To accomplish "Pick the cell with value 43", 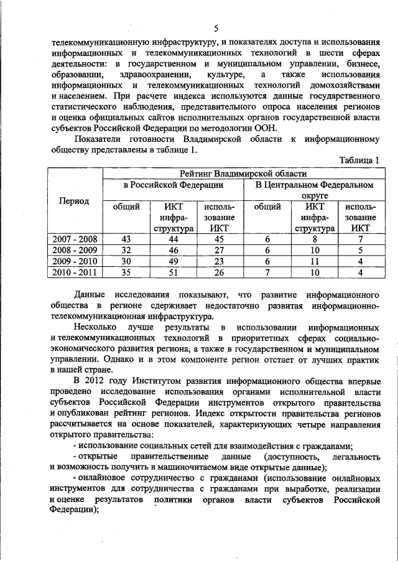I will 126,240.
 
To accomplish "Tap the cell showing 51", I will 174,272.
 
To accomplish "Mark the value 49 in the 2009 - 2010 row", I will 174,261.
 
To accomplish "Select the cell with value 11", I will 315,261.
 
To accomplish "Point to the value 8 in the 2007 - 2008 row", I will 315,240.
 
